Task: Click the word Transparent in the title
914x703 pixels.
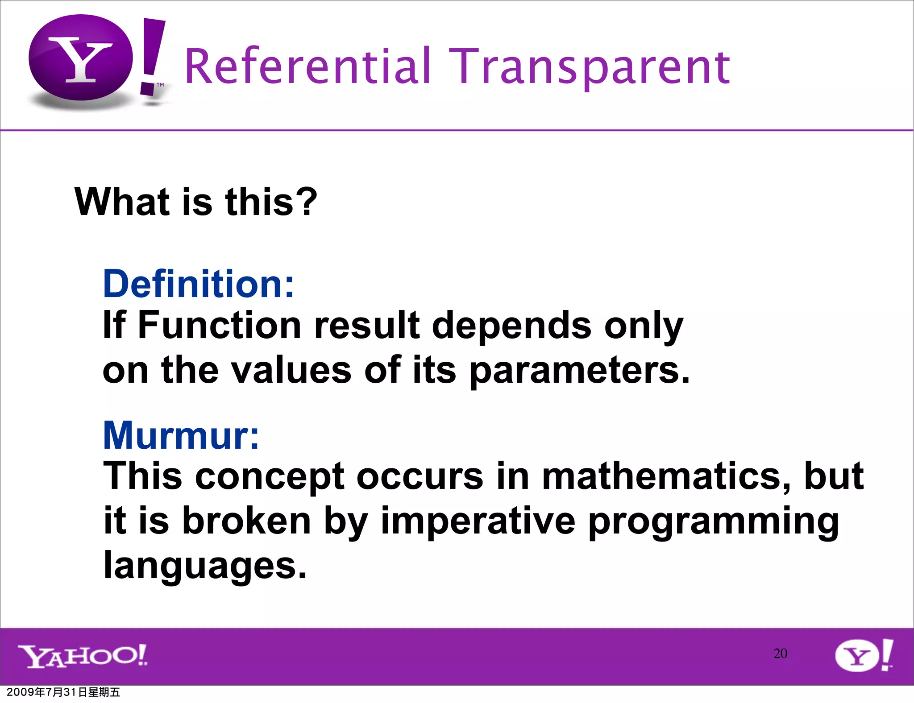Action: coord(589,67)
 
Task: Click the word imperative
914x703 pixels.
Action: coord(478,521)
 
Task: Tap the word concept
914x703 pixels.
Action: coord(270,476)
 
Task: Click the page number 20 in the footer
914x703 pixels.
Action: coord(780,653)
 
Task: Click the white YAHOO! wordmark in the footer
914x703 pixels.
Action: coord(83,656)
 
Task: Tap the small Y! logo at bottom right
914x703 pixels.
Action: coord(864,655)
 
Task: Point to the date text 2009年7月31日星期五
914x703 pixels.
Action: coord(63,692)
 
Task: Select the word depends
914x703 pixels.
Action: coord(511,325)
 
